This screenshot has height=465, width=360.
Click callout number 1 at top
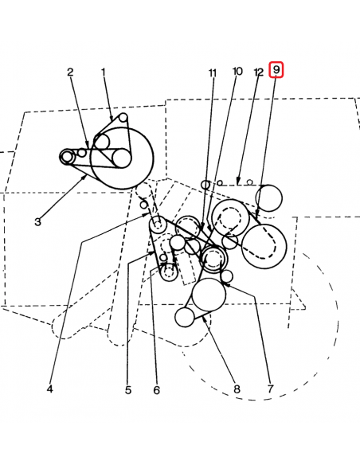(104, 72)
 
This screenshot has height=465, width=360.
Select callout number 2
(70, 72)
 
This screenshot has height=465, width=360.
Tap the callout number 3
(37, 222)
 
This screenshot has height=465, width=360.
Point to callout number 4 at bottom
(50, 389)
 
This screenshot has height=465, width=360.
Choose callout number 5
(128, 390)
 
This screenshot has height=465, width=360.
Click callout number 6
(157, 390)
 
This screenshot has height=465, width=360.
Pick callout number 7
(270, 389)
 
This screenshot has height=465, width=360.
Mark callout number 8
(237, 389)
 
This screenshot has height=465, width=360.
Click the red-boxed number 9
(276, 70)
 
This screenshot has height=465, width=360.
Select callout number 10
(237, 72)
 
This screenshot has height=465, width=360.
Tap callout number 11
(213, 72)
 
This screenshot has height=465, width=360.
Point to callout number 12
(259, 72)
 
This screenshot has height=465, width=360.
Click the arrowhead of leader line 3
(85, 177)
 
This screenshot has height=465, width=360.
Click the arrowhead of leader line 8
(204, 318)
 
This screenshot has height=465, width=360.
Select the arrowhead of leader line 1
(112, 117)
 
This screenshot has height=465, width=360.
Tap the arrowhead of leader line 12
(237, 182)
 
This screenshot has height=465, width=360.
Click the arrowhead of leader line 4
(147, 214)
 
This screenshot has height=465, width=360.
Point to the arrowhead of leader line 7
(226, 285)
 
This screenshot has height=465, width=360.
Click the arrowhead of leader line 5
(152, 253)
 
